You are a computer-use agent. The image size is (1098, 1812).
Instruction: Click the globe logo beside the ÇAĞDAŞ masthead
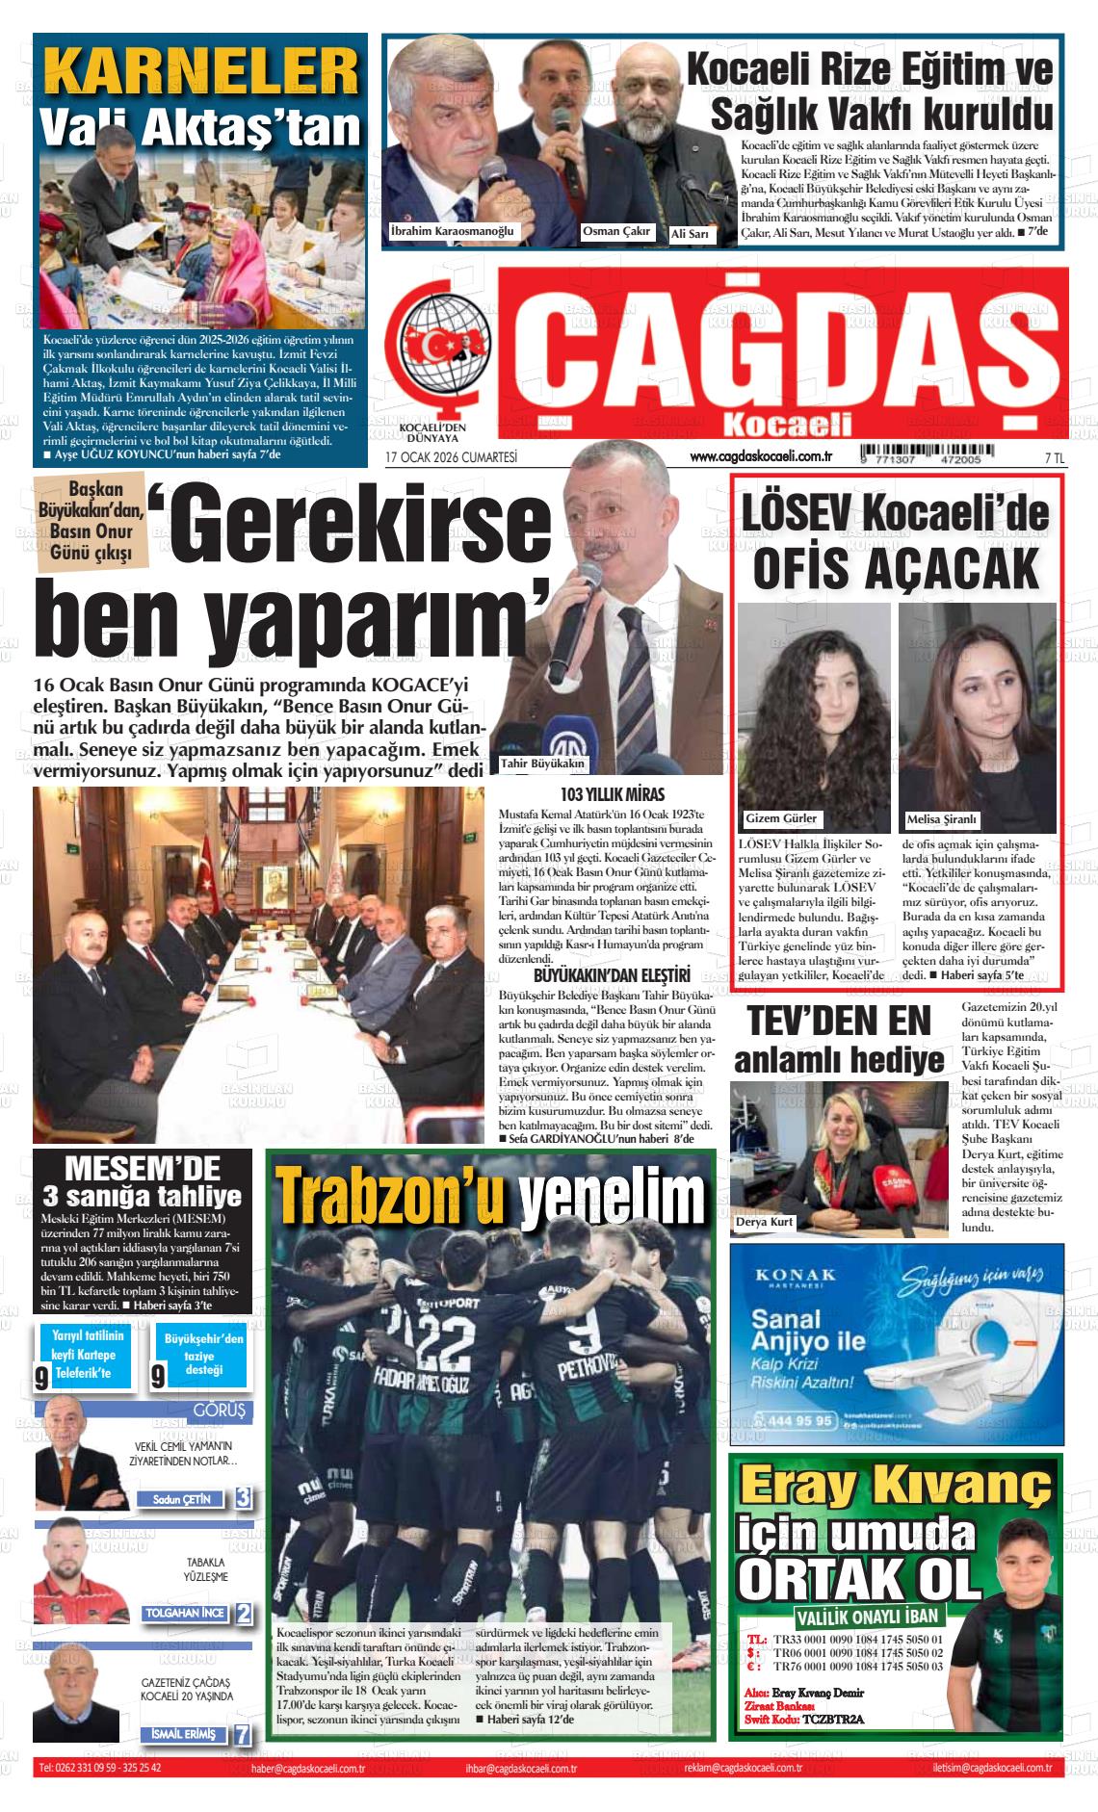point(439,348)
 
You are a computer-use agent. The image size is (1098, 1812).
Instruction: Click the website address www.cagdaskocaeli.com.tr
point(761,457)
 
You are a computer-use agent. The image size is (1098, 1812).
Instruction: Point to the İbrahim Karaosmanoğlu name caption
point(453,231)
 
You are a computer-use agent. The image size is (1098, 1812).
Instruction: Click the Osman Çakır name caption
point(616,231)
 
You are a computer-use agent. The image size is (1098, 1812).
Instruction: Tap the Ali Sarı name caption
point(690,234)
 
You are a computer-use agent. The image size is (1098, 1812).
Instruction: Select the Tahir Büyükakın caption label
point(543,764)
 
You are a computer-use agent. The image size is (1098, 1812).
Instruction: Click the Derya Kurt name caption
point(765,1222)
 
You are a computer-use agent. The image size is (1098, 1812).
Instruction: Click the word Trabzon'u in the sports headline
point(391,1193)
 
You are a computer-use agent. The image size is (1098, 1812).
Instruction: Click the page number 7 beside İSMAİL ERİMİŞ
point(243,1734)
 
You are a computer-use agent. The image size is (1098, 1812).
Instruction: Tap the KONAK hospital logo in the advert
point(796,1278)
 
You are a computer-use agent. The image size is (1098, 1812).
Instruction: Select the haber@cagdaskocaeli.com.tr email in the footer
point(307,1769)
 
